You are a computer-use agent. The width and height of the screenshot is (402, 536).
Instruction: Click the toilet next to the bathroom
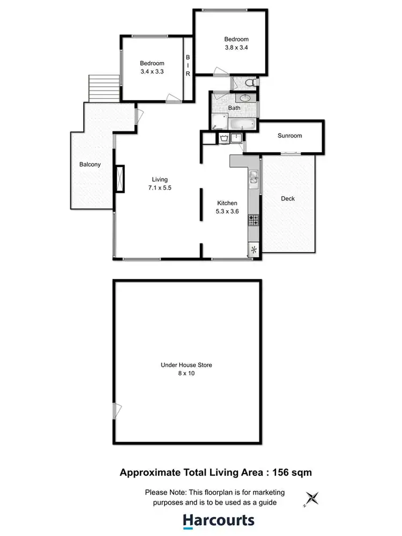point(250,83)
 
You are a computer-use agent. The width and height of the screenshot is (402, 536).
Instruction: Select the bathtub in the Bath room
point(241,125)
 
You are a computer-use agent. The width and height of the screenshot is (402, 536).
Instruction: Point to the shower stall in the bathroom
point(218,121)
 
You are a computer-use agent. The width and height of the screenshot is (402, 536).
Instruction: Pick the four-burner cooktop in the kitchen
point(253,220)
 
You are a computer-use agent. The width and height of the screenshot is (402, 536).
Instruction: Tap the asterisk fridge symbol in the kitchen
point(254,249)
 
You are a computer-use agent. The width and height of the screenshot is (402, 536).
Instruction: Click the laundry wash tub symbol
point(224,138)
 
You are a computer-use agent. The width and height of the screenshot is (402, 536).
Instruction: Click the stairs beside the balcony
point(99,88)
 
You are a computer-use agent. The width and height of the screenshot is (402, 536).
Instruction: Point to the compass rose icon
point(312,498)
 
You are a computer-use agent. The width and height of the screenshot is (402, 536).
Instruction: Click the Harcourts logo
point(218,520)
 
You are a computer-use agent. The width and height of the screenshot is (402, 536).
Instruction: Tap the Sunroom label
point(289,136)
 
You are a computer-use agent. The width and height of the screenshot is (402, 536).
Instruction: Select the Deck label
point(288,198)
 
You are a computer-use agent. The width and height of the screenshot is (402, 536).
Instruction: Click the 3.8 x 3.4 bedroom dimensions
point(236,47)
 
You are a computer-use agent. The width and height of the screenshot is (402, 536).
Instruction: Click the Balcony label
point(90,165)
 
